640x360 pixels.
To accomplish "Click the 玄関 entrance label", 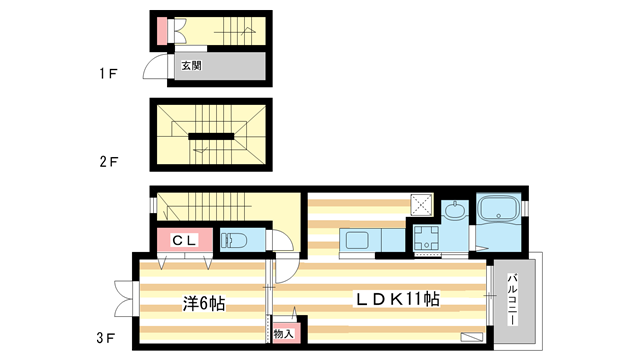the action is (190, 67).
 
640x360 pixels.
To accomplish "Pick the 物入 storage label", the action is (283, 333).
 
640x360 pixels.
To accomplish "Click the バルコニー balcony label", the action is (513, 298).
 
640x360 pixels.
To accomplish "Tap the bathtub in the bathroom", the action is (497, 212).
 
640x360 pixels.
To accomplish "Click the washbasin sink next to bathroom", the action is (454, 211).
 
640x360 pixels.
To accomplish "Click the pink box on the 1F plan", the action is (162, 34).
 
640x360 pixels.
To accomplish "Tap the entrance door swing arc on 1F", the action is (154, 68).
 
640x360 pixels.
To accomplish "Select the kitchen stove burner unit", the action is (425, 240).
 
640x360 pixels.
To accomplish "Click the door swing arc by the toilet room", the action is (283, 244).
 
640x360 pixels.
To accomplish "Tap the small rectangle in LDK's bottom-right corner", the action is (471, 337).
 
